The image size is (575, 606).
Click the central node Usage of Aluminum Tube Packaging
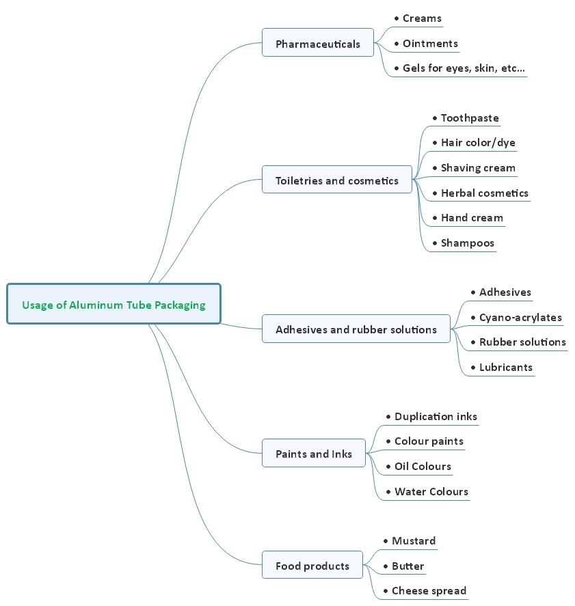coord(113,304)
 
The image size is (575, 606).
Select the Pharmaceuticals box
coord(318,43)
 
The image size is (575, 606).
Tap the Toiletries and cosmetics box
coord(337,180)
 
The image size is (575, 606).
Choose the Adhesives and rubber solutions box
coord(356,329)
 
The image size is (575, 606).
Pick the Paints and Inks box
coord(314,453)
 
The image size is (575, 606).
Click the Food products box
coord(312,565)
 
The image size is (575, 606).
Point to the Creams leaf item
coord(422,18)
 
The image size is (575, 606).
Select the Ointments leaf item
coord(430,44)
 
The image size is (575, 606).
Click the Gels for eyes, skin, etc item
coord(464,68)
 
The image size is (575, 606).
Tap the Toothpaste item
coord(470,118)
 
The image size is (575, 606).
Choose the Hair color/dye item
coord(478,143)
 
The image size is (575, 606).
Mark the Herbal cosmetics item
coord(484,193)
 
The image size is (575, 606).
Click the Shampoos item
coord(467,243)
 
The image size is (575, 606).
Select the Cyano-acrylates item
coord(520,317)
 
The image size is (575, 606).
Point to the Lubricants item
coord(505,367)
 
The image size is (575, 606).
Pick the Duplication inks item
coord(436,416)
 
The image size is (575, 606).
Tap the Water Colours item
coord(431,491)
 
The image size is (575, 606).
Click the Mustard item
coord(413,540)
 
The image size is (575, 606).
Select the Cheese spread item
coord(429,590)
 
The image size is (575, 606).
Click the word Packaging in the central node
coord(180,305)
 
